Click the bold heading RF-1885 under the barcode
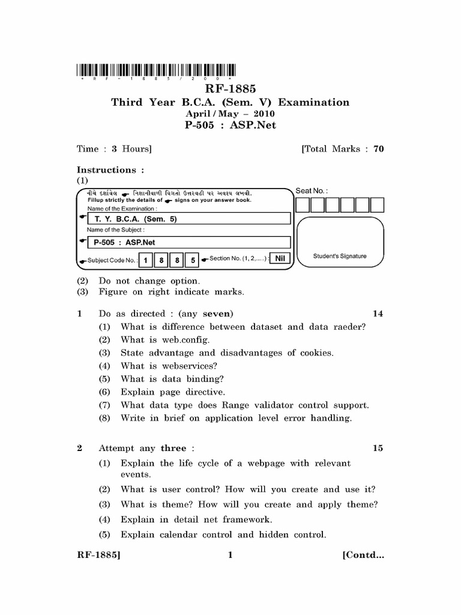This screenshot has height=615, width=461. [230, 89]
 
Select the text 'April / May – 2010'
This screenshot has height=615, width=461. [230, 114]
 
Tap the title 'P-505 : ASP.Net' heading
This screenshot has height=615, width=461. [230, 126]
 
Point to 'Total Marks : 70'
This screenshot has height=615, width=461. [343, 149]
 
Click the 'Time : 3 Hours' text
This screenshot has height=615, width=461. [114, 149]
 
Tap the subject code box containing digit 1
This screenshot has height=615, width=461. [146, 260]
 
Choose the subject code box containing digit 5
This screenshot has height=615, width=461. [192, 260]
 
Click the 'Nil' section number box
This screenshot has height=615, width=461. [279, 258]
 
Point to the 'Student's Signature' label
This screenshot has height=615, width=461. [340, 256]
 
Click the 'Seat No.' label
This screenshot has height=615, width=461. [312, 190]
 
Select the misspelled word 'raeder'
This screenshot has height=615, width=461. [351, 327]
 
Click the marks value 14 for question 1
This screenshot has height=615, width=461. [378, 314]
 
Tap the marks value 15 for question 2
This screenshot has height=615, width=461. [378, 448]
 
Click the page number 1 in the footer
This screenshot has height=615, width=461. [230, 555]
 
